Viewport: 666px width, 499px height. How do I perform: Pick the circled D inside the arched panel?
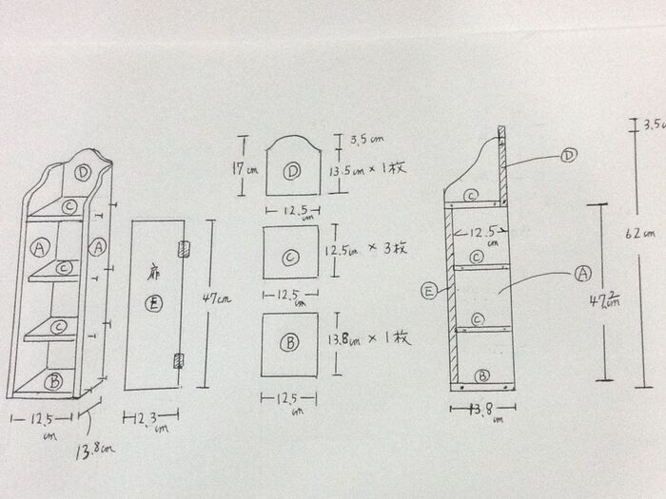(292, 171)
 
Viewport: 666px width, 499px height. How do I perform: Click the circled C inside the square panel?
(291, 257)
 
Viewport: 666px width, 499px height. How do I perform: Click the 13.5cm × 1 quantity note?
(366, 170)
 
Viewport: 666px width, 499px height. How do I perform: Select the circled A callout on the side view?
(582, 274)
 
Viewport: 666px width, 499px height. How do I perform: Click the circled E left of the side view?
(431, 292)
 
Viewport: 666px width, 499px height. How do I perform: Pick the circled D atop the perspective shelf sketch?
(85, 173)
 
